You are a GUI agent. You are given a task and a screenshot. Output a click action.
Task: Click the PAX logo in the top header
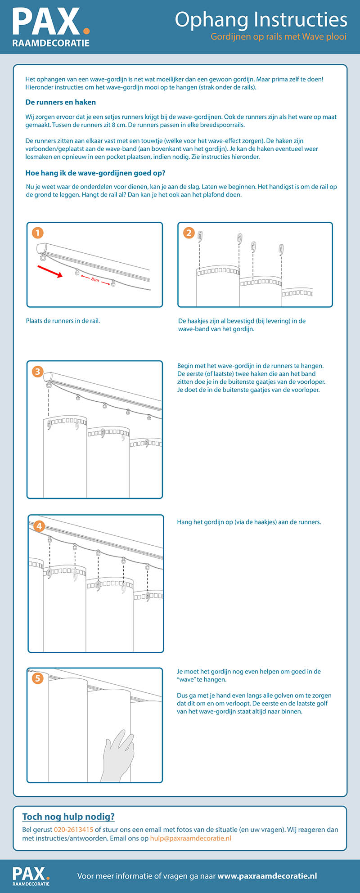51,27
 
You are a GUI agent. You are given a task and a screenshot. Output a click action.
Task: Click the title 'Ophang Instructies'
261,20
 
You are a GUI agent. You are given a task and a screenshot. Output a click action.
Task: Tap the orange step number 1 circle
38,233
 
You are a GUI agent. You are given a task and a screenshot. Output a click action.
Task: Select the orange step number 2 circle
189,233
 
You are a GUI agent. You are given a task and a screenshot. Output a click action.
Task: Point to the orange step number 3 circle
38,371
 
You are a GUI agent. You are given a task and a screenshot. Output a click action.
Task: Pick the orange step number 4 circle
39,526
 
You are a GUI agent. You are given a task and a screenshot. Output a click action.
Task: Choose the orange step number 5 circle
38,678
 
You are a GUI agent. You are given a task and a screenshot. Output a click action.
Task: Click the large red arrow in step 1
50,271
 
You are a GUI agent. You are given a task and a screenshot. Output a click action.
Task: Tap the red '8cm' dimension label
95,280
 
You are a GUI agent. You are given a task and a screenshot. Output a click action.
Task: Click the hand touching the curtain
118,749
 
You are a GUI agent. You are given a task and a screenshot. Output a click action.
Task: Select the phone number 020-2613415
73,830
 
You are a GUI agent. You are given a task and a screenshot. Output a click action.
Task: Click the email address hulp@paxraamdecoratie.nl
191,838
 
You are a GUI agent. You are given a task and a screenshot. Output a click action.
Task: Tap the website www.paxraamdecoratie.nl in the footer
267,875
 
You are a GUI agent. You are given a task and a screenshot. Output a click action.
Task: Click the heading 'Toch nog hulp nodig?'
68,817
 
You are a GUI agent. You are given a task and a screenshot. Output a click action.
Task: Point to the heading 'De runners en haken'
61,102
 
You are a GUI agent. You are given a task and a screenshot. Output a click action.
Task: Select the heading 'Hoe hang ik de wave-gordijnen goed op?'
95,173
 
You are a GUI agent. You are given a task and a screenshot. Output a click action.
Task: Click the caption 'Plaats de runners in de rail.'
63,321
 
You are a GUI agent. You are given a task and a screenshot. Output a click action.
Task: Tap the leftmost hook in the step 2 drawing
201,236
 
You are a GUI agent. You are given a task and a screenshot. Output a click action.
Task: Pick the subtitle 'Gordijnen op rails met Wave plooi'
279,37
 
